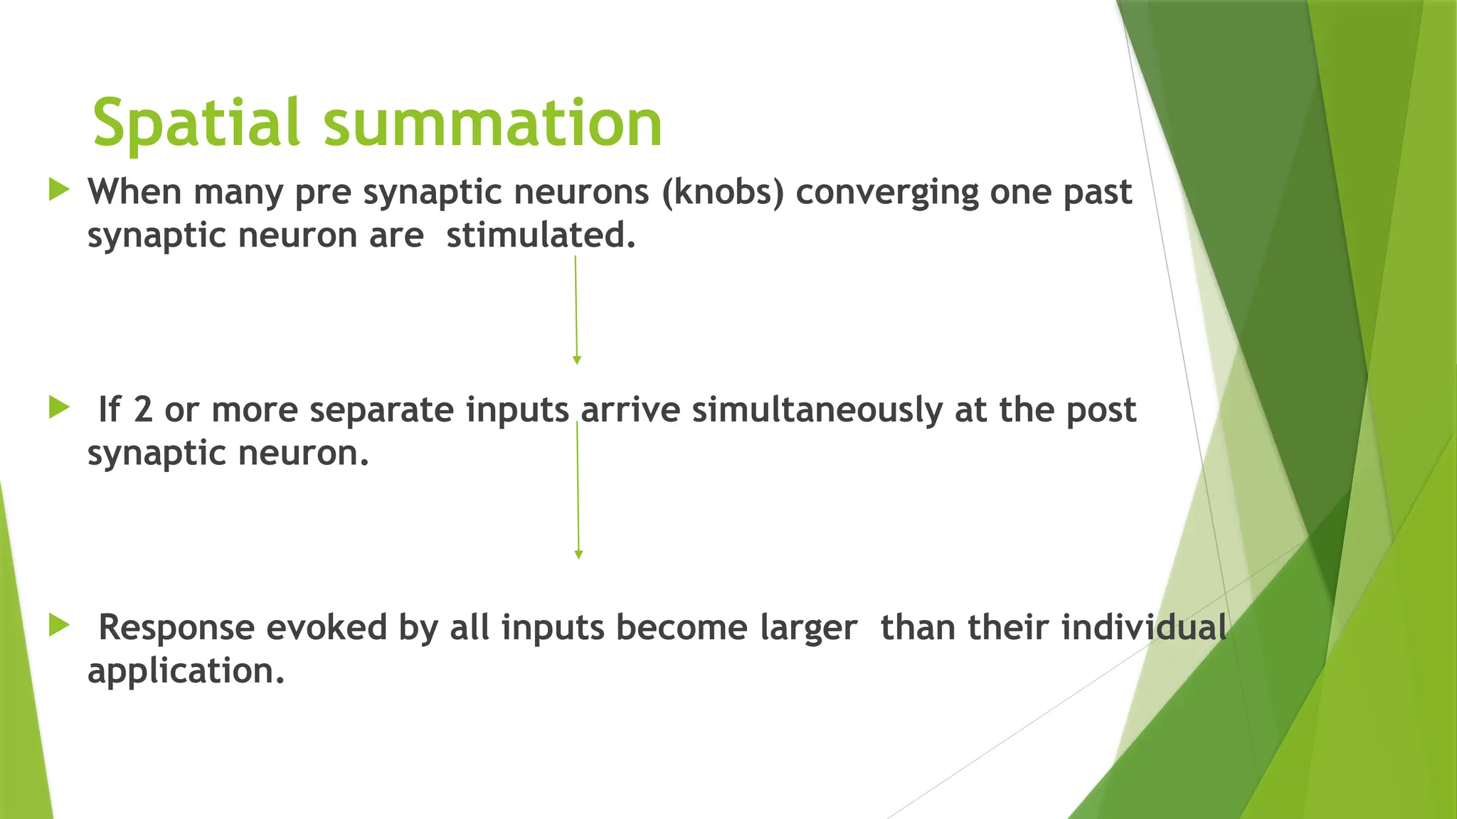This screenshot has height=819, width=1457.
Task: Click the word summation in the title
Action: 492,124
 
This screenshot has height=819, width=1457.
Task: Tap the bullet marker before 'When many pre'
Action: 60,190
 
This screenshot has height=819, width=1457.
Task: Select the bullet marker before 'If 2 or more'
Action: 60,408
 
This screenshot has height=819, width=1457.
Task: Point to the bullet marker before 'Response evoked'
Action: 60,626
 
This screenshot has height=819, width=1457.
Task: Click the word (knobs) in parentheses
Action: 723,192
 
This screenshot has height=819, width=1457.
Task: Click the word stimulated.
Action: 541,236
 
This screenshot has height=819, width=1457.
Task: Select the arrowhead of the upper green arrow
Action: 577,360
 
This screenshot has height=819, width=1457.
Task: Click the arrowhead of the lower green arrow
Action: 578,555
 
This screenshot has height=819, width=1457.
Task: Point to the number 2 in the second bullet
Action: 143,410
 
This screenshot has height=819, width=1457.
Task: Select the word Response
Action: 176,628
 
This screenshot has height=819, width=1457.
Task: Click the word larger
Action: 808,628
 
